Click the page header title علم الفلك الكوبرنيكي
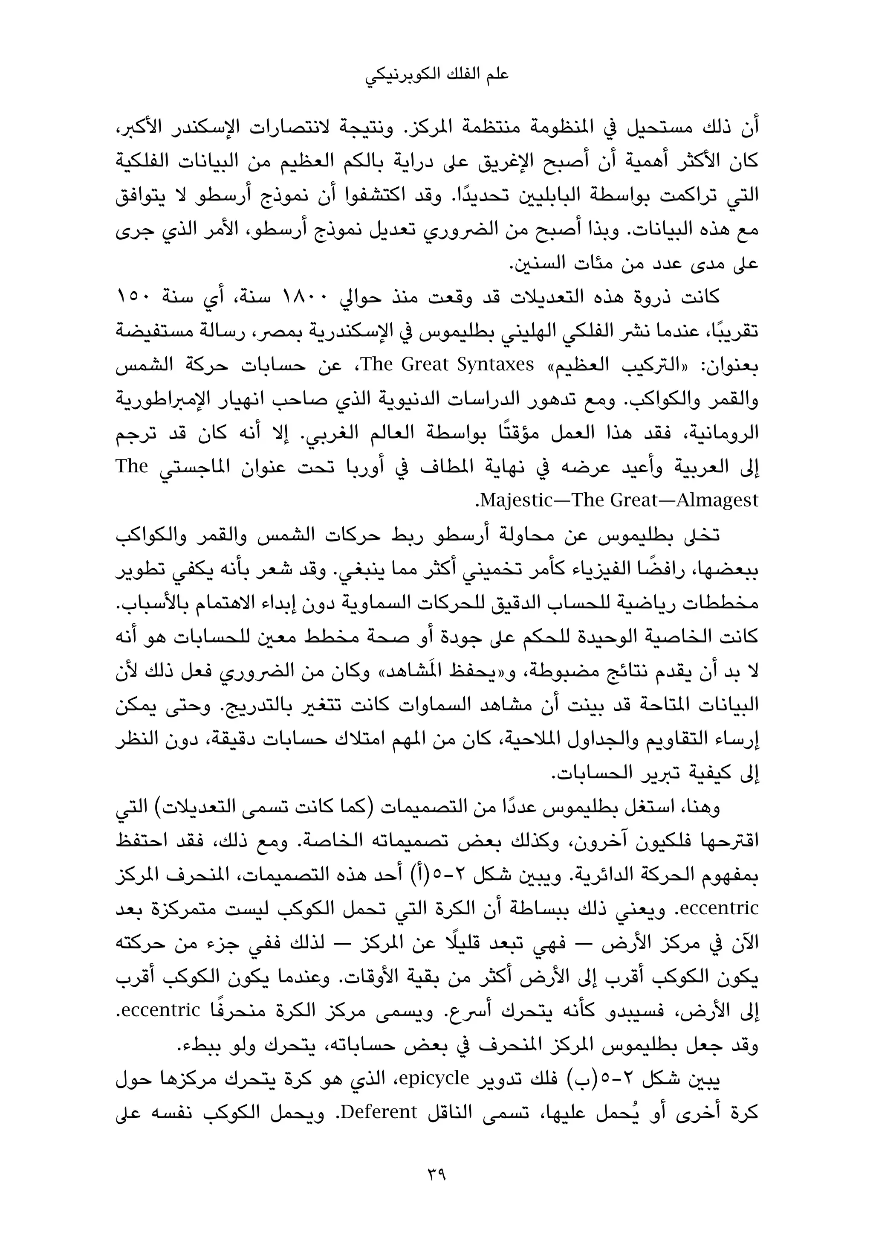[436, 74]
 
